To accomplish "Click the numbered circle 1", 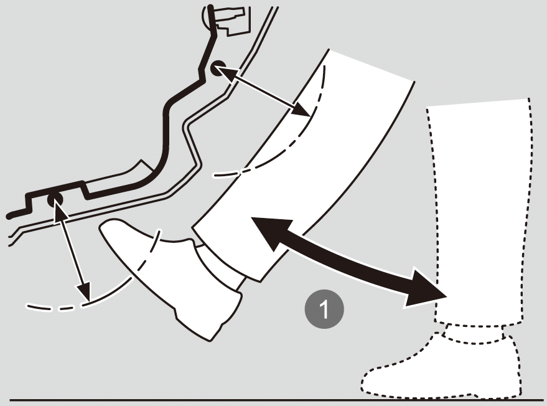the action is coord(324,309).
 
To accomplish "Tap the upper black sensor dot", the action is coord(218,67).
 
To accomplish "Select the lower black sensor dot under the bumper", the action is coord(55,199).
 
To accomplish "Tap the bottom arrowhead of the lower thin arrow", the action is coord(85,291).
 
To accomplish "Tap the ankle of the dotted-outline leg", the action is coord(474,333).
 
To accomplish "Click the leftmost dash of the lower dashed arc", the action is coord(39,307).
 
